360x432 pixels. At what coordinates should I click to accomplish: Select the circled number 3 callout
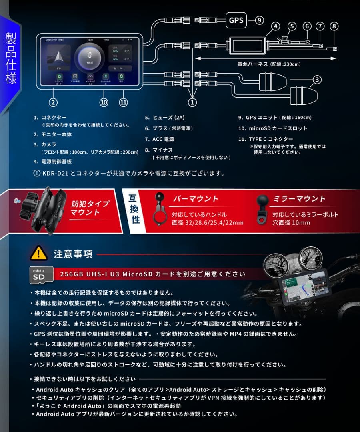click(x=317, y=80)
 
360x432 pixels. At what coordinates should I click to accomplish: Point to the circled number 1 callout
click(x=192, y=102)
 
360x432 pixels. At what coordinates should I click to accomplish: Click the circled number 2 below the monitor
click(x=53, y=102)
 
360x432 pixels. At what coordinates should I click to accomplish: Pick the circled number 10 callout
click(x=104, y=102)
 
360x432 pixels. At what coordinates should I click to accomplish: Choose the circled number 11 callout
click(x=124, y=102)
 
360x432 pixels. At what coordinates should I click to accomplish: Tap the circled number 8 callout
click(x=334, y=26)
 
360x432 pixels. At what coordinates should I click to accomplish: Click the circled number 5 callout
click(x=292, y=26)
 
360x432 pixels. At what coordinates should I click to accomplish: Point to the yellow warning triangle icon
click(x=39, y=254)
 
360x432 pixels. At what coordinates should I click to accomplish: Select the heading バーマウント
click(x=196, y=199)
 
